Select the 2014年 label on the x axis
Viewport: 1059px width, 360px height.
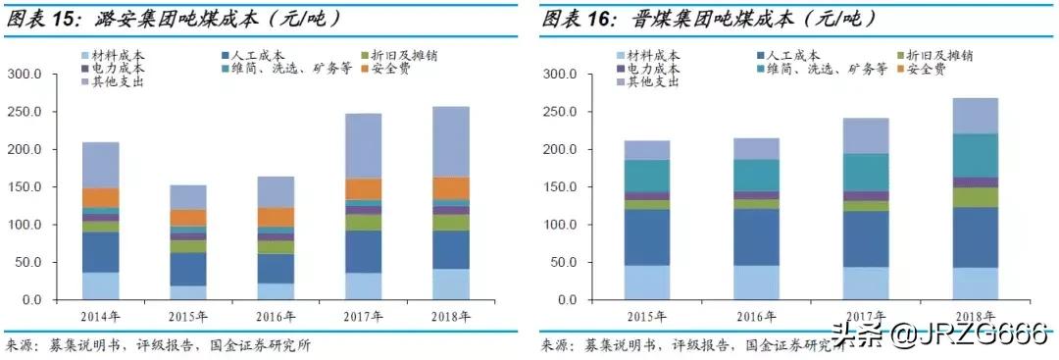coord(100,317)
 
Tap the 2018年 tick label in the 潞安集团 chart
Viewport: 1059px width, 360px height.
coord(451,317)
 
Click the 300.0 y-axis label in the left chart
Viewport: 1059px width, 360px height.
coord(25,75)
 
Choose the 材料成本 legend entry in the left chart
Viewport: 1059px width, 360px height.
coord(121,56)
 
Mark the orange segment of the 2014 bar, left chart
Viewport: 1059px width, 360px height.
coord(100,197)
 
